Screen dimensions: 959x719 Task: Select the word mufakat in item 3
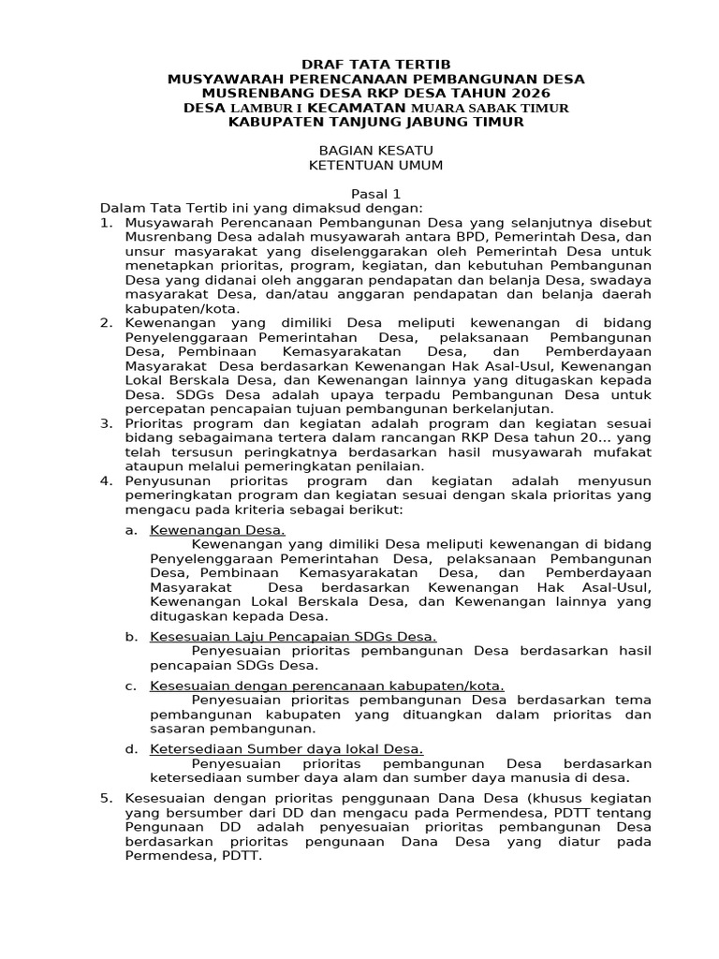(624, 452)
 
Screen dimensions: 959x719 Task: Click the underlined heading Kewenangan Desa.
(217, 530)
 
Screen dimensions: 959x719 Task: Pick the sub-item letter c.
(131, 686)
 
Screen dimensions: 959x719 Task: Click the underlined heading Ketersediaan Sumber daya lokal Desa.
(286, 748)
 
